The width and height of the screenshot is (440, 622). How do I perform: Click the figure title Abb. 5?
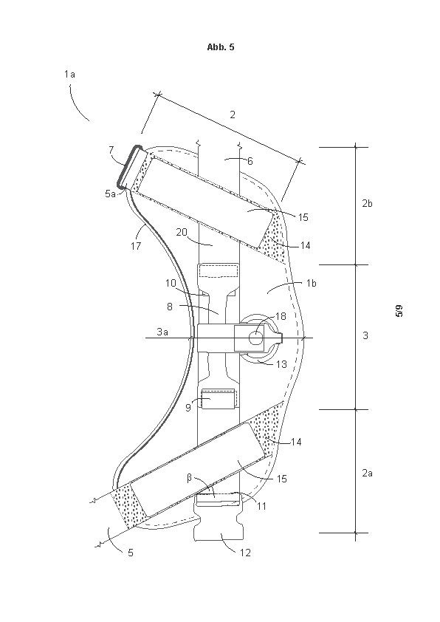pyautogui.click(x=221, y=47)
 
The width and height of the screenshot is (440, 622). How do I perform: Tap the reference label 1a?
pyautogui.click(x=70, y=74)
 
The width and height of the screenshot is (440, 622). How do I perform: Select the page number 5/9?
pyautogui.click(x=399, y=310)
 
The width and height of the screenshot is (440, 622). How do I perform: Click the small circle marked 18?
pyautogui.click(x=255, y=338)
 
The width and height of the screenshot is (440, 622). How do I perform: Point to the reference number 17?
pyautogui.click(x=136, y=246)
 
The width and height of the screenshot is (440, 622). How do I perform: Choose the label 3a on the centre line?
pyautogui.click(x=162, y=332)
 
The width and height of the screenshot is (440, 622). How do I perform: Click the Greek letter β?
pyautogui.click(x=189, y=478)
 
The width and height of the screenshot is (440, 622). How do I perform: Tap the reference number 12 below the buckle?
pyautogui.click(x=245, y=552)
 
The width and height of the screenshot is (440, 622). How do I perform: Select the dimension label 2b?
pyautogui.click(x=367, y=203)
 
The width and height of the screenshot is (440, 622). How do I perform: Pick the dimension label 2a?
pyautogui.click(x=367, y=473)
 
